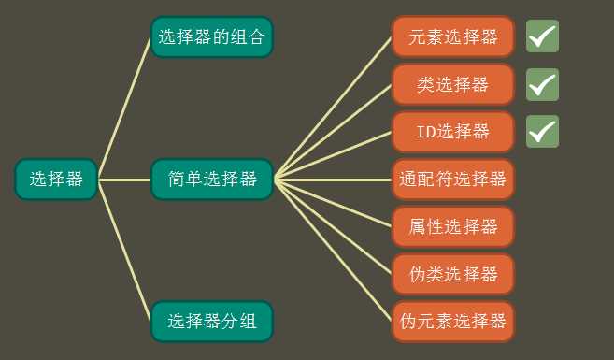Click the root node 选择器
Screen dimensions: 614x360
pos(56,179)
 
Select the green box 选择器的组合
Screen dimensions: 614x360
pos(211,37)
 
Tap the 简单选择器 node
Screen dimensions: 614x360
pos(211,179)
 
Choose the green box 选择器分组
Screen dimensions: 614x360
pos(211,321)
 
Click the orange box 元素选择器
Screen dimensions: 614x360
pos(453,37)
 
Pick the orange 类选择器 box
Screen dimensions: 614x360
pos(453,84)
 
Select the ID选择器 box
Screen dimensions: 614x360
pos(453,131)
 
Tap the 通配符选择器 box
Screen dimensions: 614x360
pos(453,179)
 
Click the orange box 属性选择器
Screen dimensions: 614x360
pos(453,225)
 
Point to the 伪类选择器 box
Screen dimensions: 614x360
pos(453,274)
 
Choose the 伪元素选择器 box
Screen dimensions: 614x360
pos(453,321)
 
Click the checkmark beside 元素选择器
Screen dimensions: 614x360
pos(542,36)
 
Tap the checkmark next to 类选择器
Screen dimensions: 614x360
pos(542,84)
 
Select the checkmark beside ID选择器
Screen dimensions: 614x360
pos(542,131)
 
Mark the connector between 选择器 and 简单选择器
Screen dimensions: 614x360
pos(124,179)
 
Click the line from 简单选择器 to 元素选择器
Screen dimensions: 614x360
pos(333,108)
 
